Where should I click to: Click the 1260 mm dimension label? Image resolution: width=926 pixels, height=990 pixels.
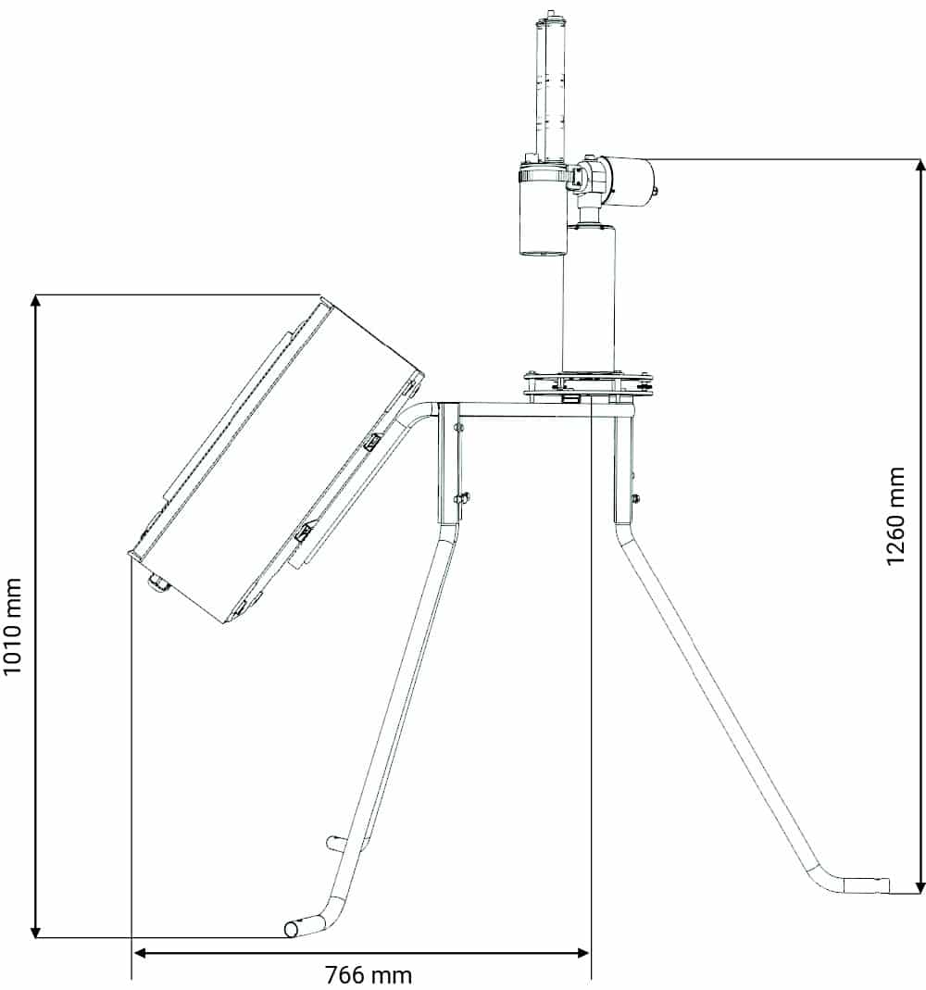pos(895,517)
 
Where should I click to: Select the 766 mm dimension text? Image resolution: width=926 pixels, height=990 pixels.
pos(369,975)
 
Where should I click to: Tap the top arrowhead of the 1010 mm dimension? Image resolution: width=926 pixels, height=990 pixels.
pos(36,301)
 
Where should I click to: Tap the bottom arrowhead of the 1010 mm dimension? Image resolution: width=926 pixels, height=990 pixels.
pos(36,931)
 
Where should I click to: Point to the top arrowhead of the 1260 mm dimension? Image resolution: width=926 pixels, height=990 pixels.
pos(920,166)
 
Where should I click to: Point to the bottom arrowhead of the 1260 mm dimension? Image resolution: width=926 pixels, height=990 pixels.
pos(920,886)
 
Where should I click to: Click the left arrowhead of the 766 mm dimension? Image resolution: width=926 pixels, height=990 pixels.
pos(140,953)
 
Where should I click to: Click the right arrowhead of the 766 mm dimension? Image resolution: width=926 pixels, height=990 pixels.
pos(582,953)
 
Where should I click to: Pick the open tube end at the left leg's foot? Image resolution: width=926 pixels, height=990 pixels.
pos(292,929)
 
